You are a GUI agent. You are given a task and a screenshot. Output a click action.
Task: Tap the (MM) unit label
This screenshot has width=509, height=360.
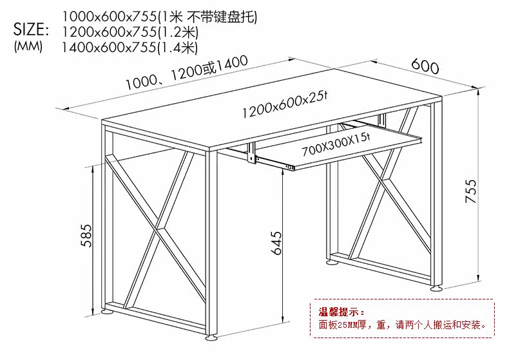27,46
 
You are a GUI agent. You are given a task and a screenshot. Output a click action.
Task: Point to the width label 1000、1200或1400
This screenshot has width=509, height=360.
187,73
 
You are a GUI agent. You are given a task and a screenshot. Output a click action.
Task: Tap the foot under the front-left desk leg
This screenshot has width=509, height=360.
211,337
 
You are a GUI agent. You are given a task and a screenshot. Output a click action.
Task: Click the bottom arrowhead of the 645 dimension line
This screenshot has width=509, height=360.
284,323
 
